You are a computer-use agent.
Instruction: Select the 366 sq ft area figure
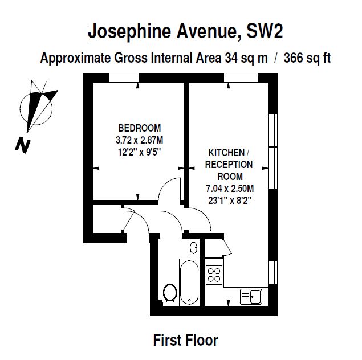pyautogui.click(x=307, y=58)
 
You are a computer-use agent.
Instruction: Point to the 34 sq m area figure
pyautogui.click(x=246, y=58)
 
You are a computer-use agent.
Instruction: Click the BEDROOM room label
pyautogui.click(x=140, y=128)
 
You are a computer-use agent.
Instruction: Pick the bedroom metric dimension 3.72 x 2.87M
pyautogui.click(x=140, y=140)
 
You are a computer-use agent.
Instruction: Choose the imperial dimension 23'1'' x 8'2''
pyautogui.click(x=230, y=201)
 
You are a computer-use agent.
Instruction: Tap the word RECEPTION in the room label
pyautogui.click(x=229, y=165)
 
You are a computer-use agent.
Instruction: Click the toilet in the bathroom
pyautogui.click(x=170, y=294)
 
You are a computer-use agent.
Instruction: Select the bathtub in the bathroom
pyautogui.click(x=189, y=282)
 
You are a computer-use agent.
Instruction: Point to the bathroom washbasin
pyautogui.click(x=193, y=248)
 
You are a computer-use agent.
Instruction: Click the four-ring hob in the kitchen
pyautogui.click(x=214, y=275)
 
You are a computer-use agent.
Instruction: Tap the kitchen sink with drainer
pyautogui.click(x=251, y=297)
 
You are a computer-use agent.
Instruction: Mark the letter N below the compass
pyautogui.click(x=23, y=145)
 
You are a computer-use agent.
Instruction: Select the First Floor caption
pyautogui.click(x=186, y=340)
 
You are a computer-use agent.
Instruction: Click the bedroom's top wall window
pyautogui.click(x=124, y=77)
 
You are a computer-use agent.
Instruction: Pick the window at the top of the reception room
pyautogui.click(x=241, y=77)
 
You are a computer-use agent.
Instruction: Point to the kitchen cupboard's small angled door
pyautogui.click(x=227, y=247)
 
